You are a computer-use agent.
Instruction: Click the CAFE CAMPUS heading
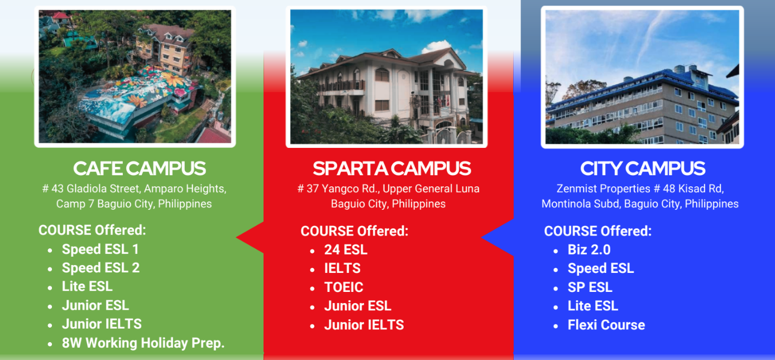[140, 169]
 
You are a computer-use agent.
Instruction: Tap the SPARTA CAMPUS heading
[391, 169]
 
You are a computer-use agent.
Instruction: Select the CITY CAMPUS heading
[643, 169]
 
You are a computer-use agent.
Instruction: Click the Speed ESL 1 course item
[101, 249]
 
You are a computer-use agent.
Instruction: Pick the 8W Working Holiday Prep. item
[143, 343]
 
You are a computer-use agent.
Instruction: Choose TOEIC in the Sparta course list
[343, 287]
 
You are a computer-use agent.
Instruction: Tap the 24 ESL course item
[346, 249]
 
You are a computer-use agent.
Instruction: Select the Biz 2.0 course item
[589, 249]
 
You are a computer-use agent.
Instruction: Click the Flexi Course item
[606, 325]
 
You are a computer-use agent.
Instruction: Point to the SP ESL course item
[590, 287]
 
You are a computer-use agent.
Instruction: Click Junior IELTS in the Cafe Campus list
[102, 324]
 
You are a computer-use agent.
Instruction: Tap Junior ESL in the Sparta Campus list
[358, 306]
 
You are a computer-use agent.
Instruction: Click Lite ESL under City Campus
[592, 306]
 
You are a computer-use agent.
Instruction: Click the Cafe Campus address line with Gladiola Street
[134, 189]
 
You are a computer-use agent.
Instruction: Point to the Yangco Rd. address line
[388, 189]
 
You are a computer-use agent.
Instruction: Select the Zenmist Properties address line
[640, 189]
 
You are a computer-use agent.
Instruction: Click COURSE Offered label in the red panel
[355, 231]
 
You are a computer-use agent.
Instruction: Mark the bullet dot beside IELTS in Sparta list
[313, 270]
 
